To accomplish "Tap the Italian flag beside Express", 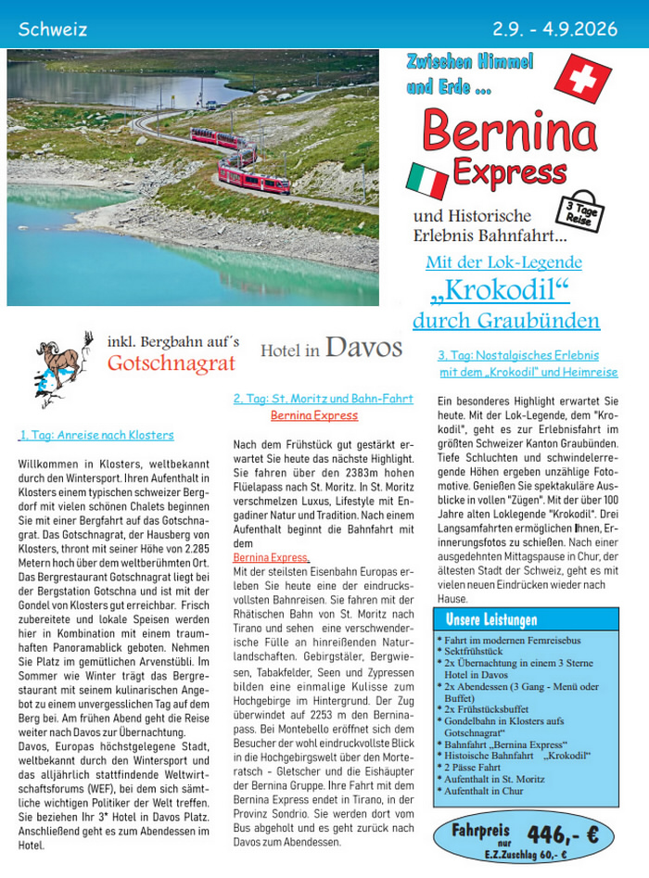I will coord(427,180).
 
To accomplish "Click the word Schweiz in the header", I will coord(53,29).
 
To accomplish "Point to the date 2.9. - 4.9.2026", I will coord(554,29).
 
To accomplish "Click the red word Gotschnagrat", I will coord(172,363).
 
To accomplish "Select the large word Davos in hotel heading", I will coord(363,348).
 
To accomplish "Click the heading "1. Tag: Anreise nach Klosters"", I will coord(96,435).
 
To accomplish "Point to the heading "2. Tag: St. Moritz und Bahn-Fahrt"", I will coord(323,399).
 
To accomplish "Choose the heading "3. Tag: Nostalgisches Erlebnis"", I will coord(518,355).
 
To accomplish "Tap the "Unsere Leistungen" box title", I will coord(491,619).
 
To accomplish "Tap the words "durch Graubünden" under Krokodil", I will coord(506,321).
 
